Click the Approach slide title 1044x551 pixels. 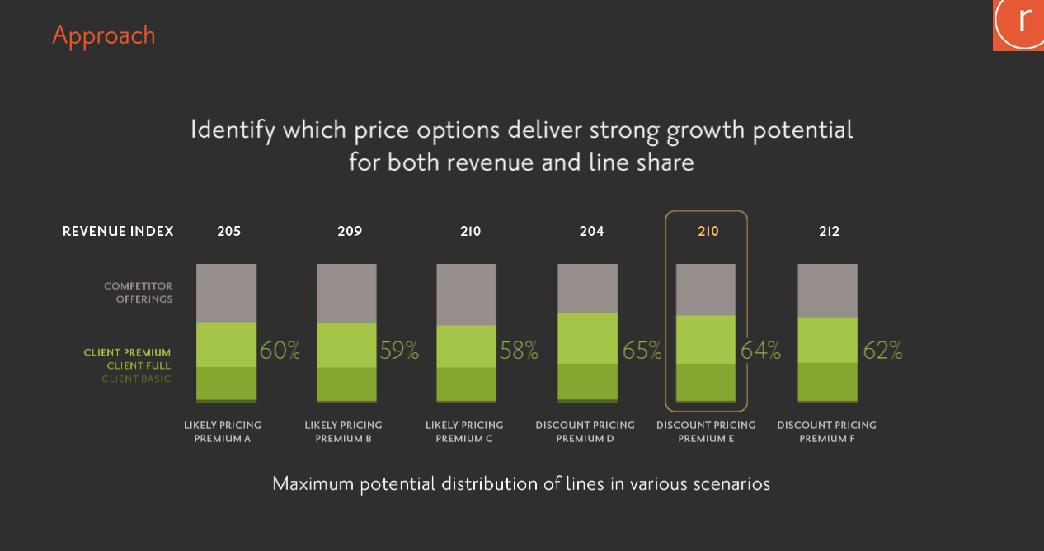click(103, 36)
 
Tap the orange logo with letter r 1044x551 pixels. click(1018, 26)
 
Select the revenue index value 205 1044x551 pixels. click(229, 231)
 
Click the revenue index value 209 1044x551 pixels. click(350, 231)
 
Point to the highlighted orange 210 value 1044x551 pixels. click(708, 231)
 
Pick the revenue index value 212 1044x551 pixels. click(829, 231)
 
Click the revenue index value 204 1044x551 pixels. click(591, 231)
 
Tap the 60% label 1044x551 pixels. click(280, 351)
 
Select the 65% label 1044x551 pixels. click(642, 351)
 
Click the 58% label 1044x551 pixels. click(520, 351)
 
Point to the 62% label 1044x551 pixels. click(882, 351)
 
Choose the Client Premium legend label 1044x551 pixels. click(127, 352)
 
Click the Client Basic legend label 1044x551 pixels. click(136, 379)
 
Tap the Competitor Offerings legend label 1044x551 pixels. click(138, 293)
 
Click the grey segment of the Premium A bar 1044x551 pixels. click(226, 293)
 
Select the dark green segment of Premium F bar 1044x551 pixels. click(827, 382)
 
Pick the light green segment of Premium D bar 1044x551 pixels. click(588, 338)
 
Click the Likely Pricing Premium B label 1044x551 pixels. click(344, 431)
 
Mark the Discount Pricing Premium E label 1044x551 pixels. click(706, 431)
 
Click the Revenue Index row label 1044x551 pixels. click(118, 231)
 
